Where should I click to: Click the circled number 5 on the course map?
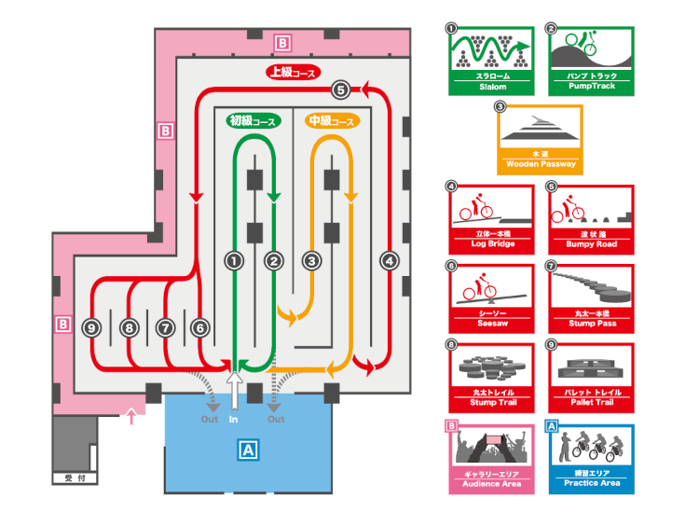pyautogui.click(x=340, y=90)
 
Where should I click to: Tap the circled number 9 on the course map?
pyautogui.click(x=90, y=327)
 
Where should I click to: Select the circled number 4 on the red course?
pyautogui.click(x=390, y=261)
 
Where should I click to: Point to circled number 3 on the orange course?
pyautogui.click(x=312, y=261)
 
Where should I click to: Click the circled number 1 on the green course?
pyautogui.click(x=234, y=261)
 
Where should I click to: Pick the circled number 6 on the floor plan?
pyautogui.click(x=199, y=327)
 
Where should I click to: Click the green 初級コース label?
pyautogui.click(x=253, y=121)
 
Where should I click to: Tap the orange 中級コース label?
pyautogui.click(x=332, y=121)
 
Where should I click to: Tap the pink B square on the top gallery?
pyautogui.click(x=283, y=42)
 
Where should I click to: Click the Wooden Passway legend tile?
pyautogui.click(x=541, y=140)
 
